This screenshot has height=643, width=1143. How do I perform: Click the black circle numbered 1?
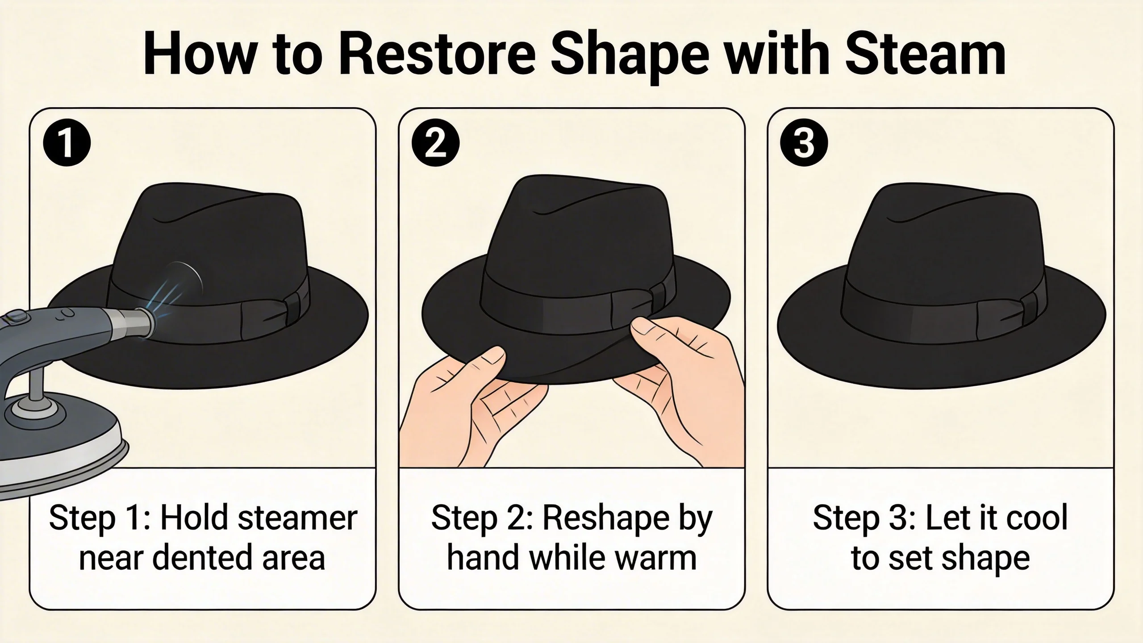tap(67, 143)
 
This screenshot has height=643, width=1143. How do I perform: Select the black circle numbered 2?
tap(435, 143)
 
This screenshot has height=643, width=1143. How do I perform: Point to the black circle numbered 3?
tap(804, 143)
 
